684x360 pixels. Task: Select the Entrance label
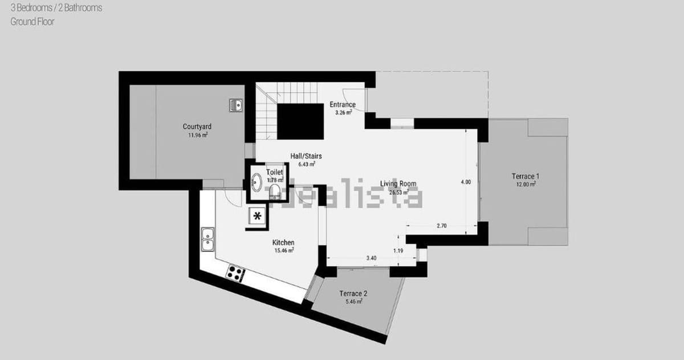[x=343, y=105]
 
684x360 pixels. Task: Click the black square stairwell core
[x=300, y=121]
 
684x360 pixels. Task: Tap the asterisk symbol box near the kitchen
[x=258, y=216]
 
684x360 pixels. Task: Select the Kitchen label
[x=283, y=243]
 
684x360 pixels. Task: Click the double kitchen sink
[x=207, y=239]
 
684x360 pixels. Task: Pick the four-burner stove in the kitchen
[x=234, y=273]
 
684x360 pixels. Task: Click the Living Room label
[x=398, y=184]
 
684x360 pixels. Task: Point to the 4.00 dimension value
[x=466, y=182]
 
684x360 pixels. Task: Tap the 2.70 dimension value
[x=441, y=226]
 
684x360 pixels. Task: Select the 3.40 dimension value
[x=370, y=258]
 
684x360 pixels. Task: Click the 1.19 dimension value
[x=398, y=251]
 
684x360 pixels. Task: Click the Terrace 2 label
[x=353, y=294]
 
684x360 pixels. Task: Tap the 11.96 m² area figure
[x=197, y=136]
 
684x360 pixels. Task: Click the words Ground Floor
[x=32, y=22]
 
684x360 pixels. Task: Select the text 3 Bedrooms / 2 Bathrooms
[x=56, y=9]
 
